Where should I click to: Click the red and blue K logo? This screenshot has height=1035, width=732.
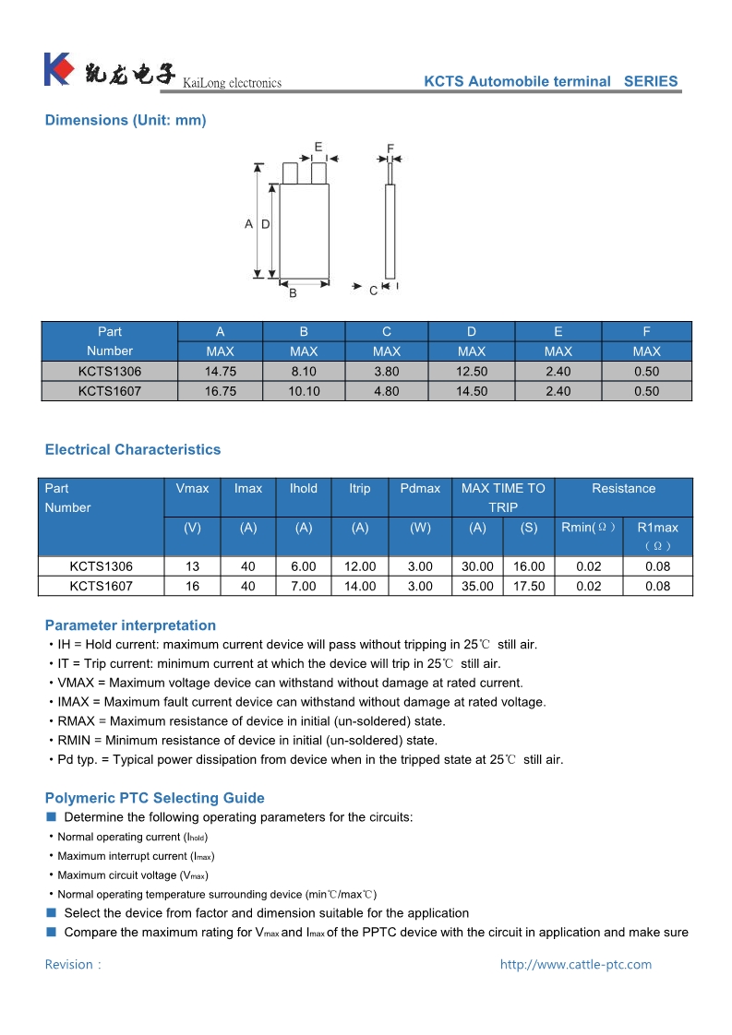57,69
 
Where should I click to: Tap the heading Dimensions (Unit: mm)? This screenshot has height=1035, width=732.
126,120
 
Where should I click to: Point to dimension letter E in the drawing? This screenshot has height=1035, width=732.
318,147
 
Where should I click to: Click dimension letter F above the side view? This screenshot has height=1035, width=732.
390,149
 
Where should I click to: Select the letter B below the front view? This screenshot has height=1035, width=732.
293,293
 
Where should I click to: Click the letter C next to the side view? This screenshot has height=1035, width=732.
373,291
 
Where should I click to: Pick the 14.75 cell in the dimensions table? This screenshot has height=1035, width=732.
220,371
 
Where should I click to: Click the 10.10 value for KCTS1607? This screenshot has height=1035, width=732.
304,391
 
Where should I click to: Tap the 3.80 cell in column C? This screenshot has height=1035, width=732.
386,371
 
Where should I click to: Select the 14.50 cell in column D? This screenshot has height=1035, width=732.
471,391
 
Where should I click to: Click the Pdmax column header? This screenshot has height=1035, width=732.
420,488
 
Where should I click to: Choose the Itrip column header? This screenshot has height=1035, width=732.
359,488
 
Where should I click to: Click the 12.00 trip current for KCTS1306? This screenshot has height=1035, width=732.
359,566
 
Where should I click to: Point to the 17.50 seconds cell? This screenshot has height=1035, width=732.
528,586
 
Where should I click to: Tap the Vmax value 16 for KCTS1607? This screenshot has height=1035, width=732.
192,586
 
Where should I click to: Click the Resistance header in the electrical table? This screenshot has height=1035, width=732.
623,488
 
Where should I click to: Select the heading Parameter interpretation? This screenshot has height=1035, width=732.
130,625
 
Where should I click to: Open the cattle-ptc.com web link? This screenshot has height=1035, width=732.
575,964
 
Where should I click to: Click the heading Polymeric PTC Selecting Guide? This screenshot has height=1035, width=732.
154,798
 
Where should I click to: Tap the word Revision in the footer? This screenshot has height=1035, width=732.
69,964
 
